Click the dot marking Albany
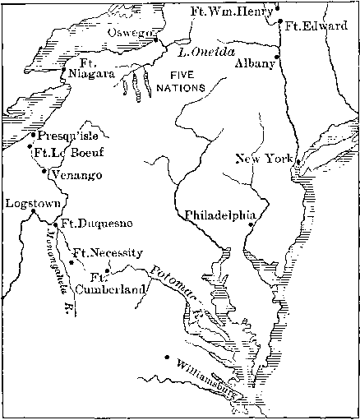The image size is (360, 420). [277, 57]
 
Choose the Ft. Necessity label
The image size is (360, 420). [108, 252]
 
